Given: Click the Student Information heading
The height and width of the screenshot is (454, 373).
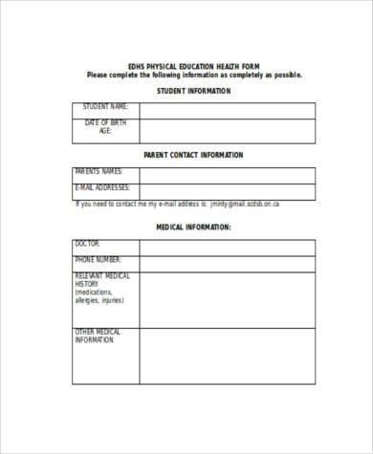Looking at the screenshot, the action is click(193, 91).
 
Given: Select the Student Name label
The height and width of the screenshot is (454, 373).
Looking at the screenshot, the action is click(106, 107).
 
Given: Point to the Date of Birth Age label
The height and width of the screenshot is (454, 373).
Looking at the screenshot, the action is click(105, 127).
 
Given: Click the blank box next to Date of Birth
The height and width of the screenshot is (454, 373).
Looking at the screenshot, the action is click(228, 131).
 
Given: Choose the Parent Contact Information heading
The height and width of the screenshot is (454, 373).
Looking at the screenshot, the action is click(193, 154).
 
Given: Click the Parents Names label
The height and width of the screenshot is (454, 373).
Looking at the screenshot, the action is click(99, 172).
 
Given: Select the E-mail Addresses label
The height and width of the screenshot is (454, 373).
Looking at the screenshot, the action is click(102, 187).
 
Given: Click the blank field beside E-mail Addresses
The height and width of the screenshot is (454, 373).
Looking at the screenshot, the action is click(228, 191).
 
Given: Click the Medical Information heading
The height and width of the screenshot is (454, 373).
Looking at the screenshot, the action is click(193, 227).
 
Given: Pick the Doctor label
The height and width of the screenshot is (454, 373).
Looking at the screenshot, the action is click(87, 244).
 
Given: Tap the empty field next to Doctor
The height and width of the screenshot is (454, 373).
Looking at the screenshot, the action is click(228, 248).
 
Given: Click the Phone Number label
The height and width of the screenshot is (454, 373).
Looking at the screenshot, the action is click(98, 259).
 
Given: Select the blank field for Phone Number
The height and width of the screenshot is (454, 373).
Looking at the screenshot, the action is click(228, 264).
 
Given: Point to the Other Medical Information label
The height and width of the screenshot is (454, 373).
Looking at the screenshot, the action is click(98, 335).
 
